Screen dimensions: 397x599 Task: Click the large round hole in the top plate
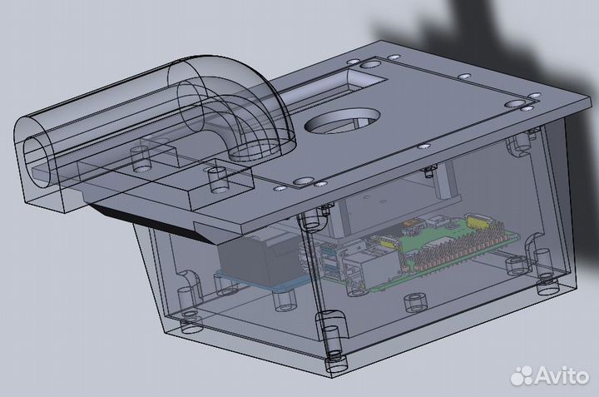pos(343,123)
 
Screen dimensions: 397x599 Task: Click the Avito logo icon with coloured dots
pos(522,376)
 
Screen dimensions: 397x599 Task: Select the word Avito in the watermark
pos(562,376)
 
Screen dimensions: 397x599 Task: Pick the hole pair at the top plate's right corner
pos(521,103)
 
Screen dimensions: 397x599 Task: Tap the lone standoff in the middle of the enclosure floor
pos(409,303)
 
